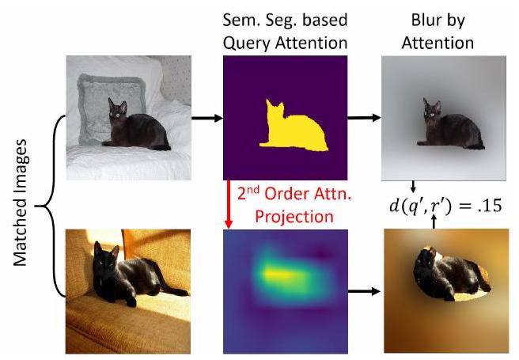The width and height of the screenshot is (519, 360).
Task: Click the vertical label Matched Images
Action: pyautogui.click(x=17, y=202)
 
